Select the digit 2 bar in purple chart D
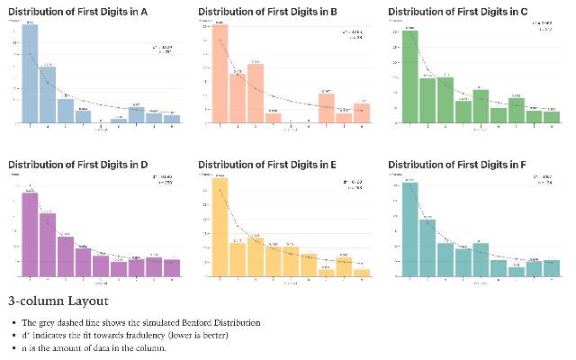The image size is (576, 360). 48,245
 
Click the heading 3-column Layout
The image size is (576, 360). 58,301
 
